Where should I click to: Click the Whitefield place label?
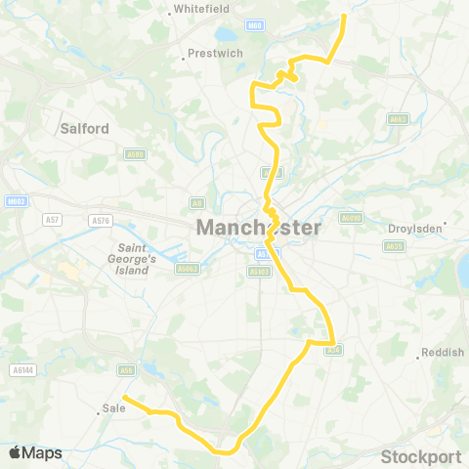201,10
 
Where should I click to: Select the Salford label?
84,127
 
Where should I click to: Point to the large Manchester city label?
258,228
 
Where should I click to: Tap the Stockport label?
420,456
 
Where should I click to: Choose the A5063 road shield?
188,268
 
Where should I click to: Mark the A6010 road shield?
351,218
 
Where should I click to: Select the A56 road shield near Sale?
126,369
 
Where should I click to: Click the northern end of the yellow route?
344,16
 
